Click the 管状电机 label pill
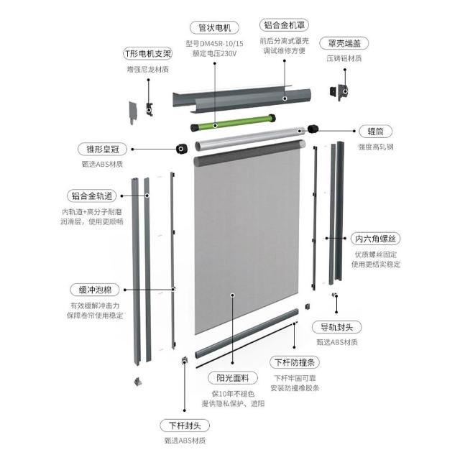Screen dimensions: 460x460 (214, 28)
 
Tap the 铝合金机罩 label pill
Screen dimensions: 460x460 (285, 25)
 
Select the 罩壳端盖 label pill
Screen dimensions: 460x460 (344, 43)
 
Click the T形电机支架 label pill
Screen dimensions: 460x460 (147, 54)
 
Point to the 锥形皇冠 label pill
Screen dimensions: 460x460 (102, 149)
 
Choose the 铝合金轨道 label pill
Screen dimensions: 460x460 (92, 195)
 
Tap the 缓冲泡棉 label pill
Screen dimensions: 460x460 (95, 290)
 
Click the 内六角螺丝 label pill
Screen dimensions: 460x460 (375, 239)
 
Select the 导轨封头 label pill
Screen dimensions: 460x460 (337, 327)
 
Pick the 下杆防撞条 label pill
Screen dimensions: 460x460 (294, 362)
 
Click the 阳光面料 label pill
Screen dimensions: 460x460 (233, 378)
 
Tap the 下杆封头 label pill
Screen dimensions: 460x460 (185, 425)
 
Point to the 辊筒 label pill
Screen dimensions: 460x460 (375, 131)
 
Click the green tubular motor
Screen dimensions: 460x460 (233, 123)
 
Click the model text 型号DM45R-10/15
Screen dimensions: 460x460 (214, 44)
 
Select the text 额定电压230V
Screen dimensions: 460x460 (214, 53)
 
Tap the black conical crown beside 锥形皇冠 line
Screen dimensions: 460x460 (182, 149)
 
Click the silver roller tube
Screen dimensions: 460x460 (250, 139)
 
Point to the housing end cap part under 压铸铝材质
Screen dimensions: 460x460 (339, 91)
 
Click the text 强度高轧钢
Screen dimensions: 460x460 (375, 147)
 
